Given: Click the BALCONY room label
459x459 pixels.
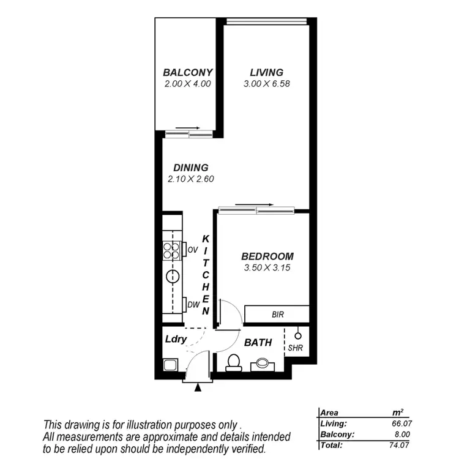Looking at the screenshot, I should click(188, 72).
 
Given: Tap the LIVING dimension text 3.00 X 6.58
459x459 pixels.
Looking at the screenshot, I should click(264, 83).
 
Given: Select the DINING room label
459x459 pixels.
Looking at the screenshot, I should click(190, 167).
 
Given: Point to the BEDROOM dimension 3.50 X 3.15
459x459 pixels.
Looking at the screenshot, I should click(267, 267).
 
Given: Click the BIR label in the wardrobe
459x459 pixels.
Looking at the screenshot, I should click(277, 315).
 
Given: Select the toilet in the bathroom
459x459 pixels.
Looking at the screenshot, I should click(233, 362).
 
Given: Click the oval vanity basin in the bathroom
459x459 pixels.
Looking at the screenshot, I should click(264, 362).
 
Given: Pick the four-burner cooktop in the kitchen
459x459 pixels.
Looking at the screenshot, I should click(171, 250).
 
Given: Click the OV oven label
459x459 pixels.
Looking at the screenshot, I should click(192, 250).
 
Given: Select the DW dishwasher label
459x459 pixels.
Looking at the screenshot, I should click(192, 304).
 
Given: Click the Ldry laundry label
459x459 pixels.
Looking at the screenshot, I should click(175, 338).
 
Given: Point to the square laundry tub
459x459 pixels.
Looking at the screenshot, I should click(170, 366).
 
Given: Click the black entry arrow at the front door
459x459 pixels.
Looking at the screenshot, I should click(198, 387).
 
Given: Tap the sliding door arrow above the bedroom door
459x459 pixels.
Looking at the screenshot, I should click(254, 204).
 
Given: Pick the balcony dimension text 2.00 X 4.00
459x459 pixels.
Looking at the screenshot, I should click(188, 83).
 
